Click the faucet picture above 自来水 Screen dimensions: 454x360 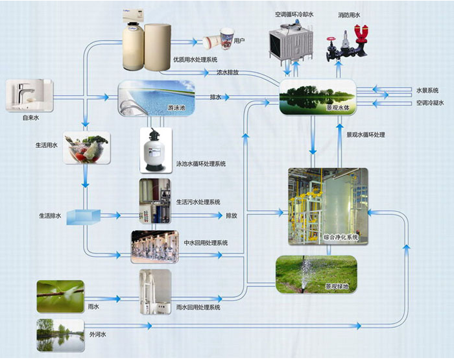click(x=30, y=95)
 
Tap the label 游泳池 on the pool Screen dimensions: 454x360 click(x=176, y=108)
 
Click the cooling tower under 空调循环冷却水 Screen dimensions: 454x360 click(x=291, y=42)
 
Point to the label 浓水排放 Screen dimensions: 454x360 click(x=228, y=72)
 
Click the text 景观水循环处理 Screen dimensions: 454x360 click(x=366, y=135)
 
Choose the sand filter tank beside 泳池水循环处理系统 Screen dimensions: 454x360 click(x=156, y=150)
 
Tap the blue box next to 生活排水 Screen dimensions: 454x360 click(x=84, y=217)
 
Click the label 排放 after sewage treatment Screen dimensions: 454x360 click(x=232, y=215)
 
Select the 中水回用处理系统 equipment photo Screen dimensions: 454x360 click(x=154, y=246)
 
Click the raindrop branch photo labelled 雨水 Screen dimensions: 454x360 click(x=60, y=296)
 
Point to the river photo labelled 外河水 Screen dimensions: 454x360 click(x=60, y=335)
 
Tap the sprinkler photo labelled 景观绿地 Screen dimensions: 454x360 click(x=317, y=274)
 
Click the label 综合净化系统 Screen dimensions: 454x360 click(x=340, y=237)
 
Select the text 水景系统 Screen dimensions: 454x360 click(x=427, y=90)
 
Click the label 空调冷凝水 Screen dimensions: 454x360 click(x=430, y=103)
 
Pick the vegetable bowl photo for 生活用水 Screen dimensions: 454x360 click(x=86, y=148)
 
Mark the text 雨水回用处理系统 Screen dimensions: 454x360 click(x=198, y=307)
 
